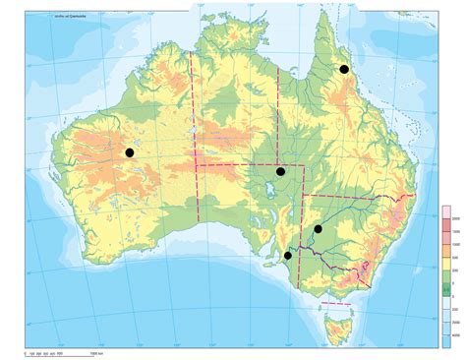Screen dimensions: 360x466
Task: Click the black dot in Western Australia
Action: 129,152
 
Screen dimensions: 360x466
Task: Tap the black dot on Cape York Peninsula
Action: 344,69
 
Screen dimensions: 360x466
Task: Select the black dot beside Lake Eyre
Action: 280,171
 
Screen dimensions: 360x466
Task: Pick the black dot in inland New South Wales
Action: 318,229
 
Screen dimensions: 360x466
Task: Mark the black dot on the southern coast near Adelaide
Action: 287,256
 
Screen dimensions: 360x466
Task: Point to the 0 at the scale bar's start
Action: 25,351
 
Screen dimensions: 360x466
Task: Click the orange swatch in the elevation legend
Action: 445,252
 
